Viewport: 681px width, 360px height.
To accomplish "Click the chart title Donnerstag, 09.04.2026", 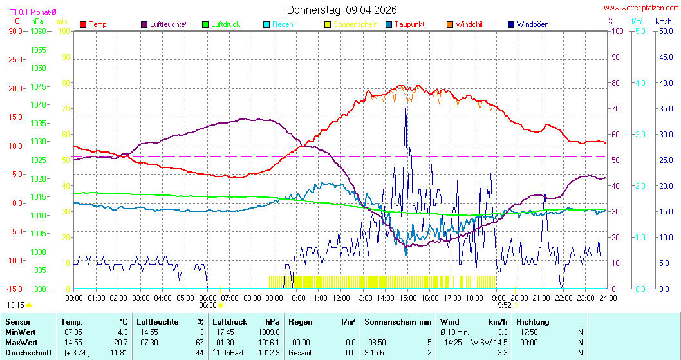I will point(341,10).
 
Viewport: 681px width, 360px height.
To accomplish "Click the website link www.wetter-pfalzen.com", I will point(640,8).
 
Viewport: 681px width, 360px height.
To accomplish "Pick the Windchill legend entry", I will point(469,24).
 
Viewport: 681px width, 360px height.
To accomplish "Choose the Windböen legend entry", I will point(532,24).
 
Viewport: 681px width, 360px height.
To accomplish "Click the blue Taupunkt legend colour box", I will point(389,24).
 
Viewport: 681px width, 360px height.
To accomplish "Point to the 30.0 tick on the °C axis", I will point(14,31).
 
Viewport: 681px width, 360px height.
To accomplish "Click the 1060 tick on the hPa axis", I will point(38,31).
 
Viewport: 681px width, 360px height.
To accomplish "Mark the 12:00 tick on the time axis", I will point(340,298).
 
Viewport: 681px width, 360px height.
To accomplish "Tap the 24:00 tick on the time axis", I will point(608,298).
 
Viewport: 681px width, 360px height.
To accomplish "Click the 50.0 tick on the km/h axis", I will point(664,31).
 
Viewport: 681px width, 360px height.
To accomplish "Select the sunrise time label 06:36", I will point(208,305).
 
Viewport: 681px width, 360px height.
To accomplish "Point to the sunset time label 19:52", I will point(503,305).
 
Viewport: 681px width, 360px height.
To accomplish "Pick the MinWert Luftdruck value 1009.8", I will point(268,332).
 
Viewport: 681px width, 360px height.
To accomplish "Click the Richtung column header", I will point(533,321).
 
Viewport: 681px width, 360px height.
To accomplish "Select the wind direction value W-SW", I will point(482,343).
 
